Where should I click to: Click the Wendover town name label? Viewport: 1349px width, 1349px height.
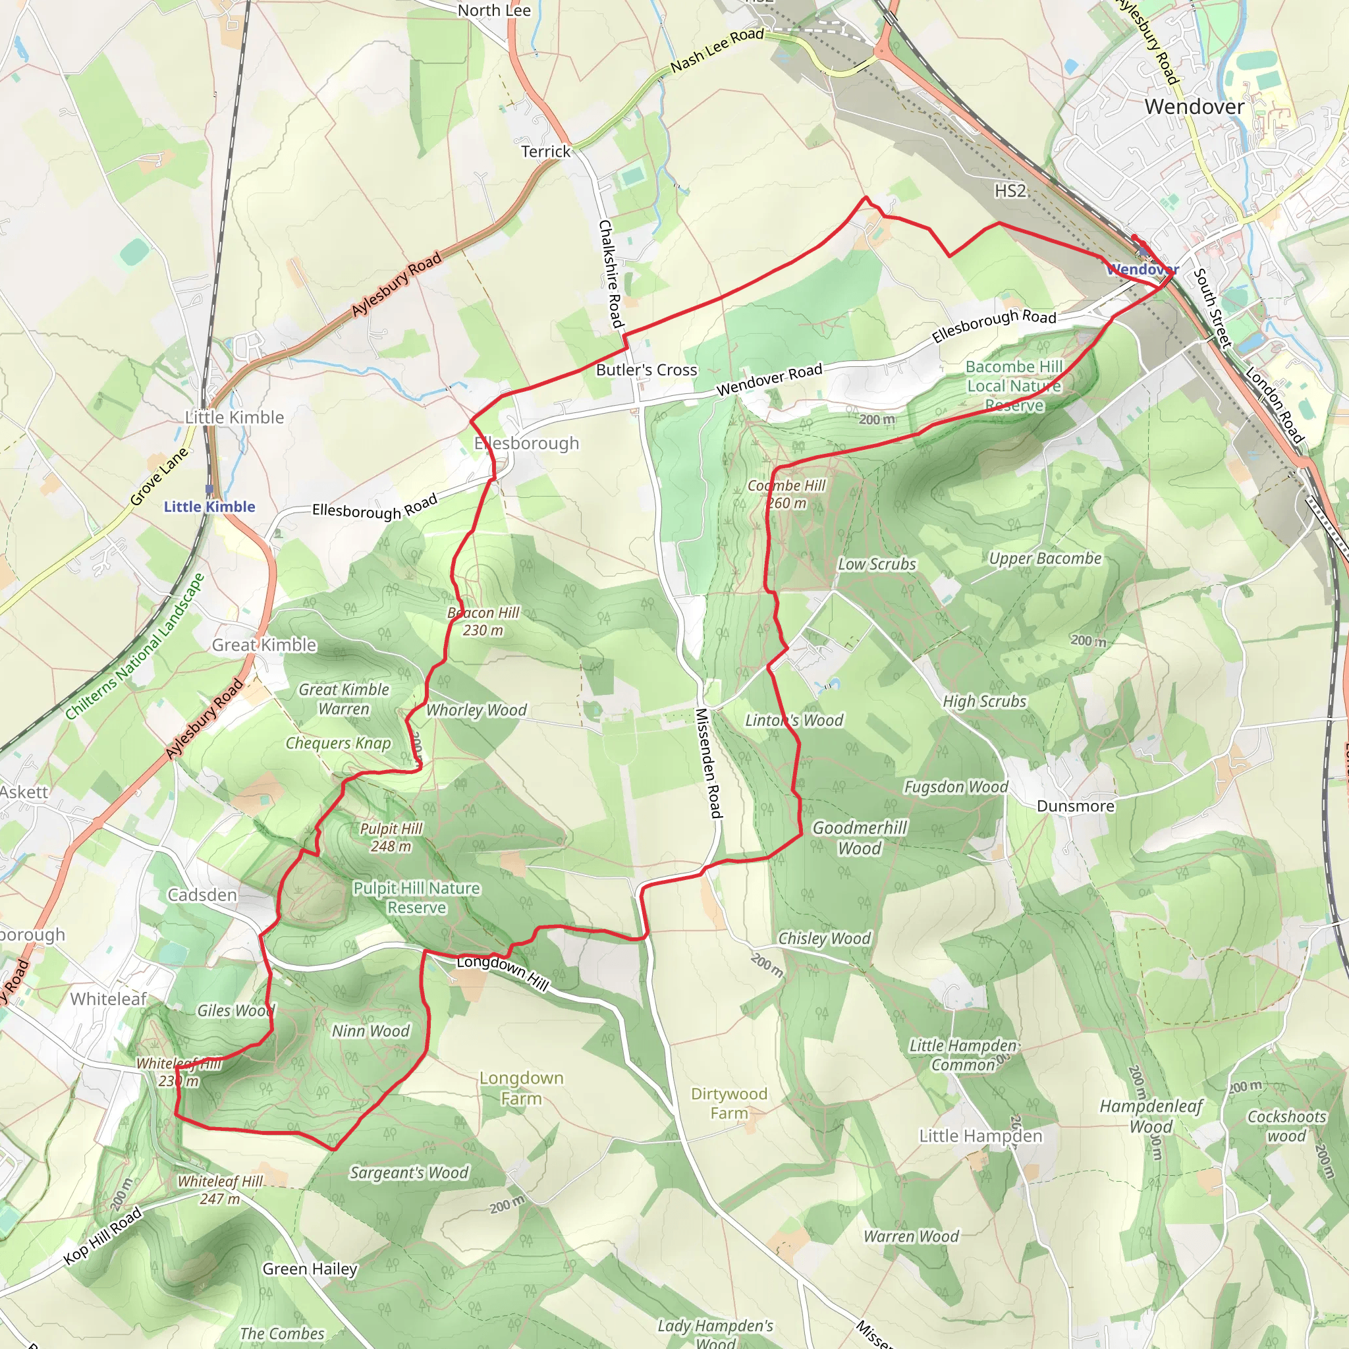(x=1194, y=107)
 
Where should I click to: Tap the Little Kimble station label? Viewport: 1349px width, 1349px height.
(x=209, y=507)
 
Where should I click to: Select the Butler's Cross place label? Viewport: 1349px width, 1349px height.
(x=647, y=370)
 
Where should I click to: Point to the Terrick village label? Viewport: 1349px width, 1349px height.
(x=545, y=151)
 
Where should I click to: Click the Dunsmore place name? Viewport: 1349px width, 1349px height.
(x=1075, y=806)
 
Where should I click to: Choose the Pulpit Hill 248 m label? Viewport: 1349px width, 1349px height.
(x=391, y=837)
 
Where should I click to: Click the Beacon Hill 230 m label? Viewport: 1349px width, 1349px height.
(x=483, y=621)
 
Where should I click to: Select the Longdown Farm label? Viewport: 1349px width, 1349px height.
(x=521, y=1088)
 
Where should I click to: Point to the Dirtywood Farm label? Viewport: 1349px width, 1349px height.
(x=729, y=1103)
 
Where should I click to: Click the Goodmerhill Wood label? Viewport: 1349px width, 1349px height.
(x=860, y=838)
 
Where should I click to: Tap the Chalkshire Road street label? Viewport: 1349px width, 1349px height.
(x=610, y=274)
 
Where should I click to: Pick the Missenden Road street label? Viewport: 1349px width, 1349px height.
(x=707, y=763)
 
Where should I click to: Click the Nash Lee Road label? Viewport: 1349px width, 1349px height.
(x=717, y=50)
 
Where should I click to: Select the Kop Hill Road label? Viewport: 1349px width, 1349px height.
(x=103, y=1236)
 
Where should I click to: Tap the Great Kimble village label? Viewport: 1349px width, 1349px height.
(x=264, y=645)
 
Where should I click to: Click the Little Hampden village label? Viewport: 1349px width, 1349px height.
(x=980, y=1136)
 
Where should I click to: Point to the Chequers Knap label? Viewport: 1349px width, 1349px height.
(x=338, y=744)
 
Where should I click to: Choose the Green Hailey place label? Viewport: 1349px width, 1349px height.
(x=310, y=1269)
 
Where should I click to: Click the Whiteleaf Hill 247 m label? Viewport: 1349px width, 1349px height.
(x=220, y=1190)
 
